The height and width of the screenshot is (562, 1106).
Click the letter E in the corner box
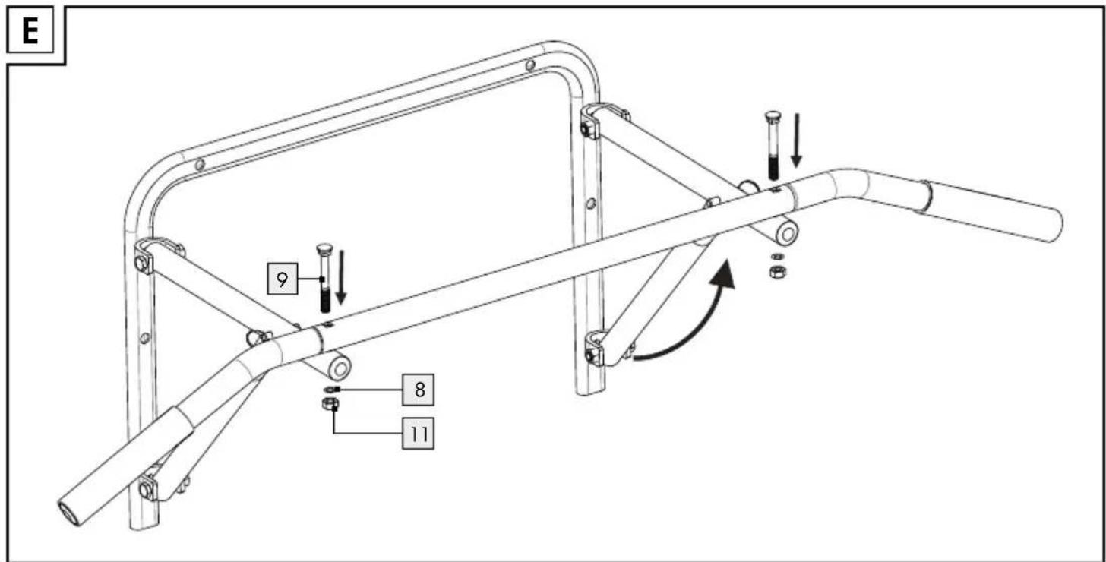(x=30, y=31)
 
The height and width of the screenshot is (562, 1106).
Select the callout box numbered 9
(x=283, y=279)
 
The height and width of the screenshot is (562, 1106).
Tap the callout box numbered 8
(x=419, y=390)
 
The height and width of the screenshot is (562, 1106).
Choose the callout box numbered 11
(x=419, y=434)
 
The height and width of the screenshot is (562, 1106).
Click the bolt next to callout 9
(x=324, y=277)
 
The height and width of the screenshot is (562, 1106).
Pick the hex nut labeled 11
(x=330, y=405)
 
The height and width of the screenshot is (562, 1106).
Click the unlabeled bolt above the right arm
(x=773, y=146)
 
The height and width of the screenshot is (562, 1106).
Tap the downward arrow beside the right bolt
(x=796, y=140)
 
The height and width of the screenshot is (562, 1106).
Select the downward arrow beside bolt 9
(x=340, y=277)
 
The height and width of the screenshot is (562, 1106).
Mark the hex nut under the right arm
(x=778, y=271)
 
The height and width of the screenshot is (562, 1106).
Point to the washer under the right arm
(x=777, y=256)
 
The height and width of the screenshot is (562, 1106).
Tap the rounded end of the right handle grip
(x=1054, y=226)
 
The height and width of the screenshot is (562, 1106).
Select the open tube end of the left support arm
(x=340, y=368)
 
